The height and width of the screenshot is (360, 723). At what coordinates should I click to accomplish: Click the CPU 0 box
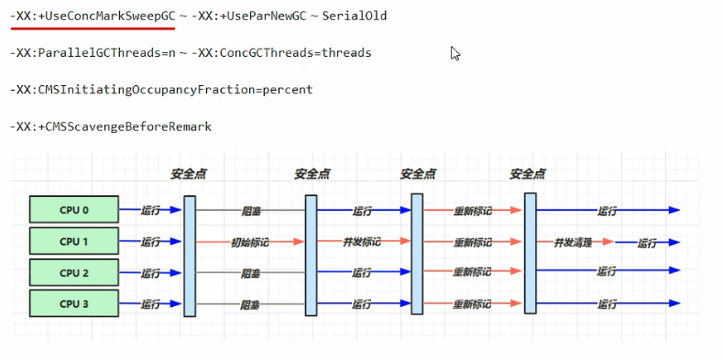[x=74, y=209]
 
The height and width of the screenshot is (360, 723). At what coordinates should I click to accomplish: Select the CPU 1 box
[x=74, y=241]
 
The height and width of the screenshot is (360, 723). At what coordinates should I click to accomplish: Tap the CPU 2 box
[x=74, y=272]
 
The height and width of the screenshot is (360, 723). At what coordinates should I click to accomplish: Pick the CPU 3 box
[x=74, y=303]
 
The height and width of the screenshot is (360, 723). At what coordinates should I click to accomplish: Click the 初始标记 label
[x=249, y=242]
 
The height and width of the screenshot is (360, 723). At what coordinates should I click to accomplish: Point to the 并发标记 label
[x=362, y=242]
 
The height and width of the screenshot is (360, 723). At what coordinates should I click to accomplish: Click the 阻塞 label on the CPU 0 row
[x=251, y=211]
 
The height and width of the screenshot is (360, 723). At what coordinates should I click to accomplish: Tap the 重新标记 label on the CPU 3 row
[x=472, y=304]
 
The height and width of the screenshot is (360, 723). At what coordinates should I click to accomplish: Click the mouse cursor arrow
[x=455, y=53]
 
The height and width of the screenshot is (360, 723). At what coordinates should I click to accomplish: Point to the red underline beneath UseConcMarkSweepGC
[x=93, y=28]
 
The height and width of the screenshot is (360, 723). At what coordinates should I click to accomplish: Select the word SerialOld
[x=354, y=16]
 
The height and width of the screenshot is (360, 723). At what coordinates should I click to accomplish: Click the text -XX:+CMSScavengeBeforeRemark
[x=111, y=126]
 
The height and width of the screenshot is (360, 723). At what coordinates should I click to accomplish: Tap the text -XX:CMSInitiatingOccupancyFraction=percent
[x=161, y=90]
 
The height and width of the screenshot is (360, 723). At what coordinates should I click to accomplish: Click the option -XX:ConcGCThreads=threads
[x=281, y=53]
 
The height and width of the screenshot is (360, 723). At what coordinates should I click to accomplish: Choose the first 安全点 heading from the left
[x=189, y=174]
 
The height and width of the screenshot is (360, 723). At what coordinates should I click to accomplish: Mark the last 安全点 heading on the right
[x=528, y=174]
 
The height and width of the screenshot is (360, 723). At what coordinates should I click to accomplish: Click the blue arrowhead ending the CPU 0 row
[x=674, y=210]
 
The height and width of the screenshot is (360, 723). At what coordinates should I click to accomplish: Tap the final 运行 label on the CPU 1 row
[x=646, y=244]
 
